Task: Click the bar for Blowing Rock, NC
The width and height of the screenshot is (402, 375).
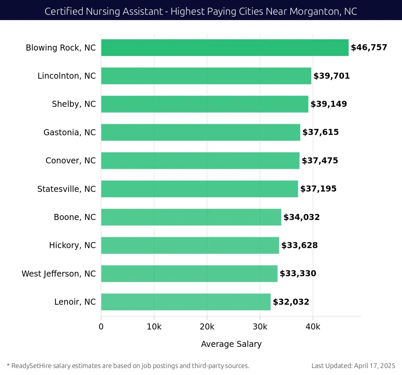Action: [224, 48]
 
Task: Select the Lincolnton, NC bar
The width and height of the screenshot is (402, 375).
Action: [206, 76]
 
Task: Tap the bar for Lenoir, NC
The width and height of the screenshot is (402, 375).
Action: [186, 302]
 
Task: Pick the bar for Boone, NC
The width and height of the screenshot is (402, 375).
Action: [191, 217]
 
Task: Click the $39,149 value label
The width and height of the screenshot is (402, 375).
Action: [329, 104]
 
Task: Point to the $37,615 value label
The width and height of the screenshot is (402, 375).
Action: [321, 132]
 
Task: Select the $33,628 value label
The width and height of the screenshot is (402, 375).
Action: [299, 245]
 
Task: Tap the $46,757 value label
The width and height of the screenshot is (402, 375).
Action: [369, 48]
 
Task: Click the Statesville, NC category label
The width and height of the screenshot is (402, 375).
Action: [66, 189]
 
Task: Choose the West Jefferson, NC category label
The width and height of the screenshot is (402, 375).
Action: [59, 274]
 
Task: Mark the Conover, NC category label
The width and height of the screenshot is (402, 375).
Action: [71, 161]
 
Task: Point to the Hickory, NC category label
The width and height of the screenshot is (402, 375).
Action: [72, 245]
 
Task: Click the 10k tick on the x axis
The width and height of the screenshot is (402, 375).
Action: [154, 327]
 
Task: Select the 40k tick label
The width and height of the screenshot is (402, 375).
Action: [313, 327]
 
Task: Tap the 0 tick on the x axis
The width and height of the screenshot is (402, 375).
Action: [101, 327]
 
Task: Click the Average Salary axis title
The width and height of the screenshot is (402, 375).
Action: [231, 344]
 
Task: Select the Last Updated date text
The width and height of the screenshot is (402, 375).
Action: [353, 366]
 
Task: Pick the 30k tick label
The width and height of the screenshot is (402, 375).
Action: [260, 327]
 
